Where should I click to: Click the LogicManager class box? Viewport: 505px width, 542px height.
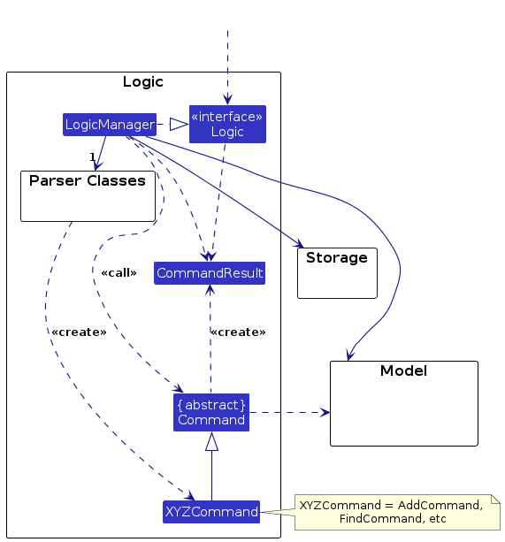tap(110, 125)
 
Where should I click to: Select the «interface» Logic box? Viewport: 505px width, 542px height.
tap(227, 125)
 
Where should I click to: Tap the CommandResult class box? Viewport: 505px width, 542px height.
tap(210, 273)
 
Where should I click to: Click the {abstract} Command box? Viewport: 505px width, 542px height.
tap(210, 412)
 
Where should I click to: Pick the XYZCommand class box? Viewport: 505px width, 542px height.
tap(211, 511)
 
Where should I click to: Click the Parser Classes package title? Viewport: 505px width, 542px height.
tap(88, 181)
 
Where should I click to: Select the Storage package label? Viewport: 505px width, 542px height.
tap(336, 258)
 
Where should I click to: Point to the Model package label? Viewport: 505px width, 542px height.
tap(403, 370)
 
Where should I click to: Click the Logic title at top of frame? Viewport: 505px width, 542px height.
tap(142, 82)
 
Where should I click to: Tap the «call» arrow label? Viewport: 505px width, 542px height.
tap(119, 272)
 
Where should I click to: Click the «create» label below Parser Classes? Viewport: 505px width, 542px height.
tap(79, 332)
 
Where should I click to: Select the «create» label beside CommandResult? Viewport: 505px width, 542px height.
tap(238, 332)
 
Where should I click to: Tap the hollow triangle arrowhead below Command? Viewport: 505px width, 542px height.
tap(211, 441)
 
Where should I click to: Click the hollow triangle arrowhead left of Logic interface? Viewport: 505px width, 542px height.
tap(179, 125)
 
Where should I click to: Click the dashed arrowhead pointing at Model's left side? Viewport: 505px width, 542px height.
tap(325, 412)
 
